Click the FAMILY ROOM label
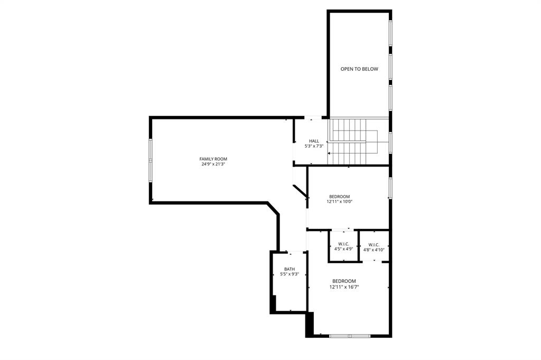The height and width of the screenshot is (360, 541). click(213, 159)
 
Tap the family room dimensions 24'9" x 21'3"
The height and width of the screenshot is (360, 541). click(213, 164)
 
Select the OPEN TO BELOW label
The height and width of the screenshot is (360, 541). click(359, 69)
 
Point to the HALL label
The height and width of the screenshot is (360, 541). click(314, 141)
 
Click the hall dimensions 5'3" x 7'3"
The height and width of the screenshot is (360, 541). click(314, 146)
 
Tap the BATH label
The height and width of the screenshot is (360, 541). click(290, 269)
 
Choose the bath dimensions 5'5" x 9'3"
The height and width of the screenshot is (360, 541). click(290, 274)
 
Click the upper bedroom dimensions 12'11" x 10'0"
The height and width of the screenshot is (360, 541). click(340, 201)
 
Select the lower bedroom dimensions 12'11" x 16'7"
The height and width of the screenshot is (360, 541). click(344, 287)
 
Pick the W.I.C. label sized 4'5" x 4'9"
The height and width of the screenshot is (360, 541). click(343, 244)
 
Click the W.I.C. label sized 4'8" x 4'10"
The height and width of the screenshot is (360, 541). click(374, 245)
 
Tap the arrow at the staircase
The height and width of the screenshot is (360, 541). click(330, 153)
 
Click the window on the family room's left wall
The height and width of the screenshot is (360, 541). click(151, 159)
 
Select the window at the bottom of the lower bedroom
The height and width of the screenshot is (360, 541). click(350, 336)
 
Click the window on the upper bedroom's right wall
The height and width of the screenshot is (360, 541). click(390, 189)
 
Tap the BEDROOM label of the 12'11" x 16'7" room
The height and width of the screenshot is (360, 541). click(344, 281)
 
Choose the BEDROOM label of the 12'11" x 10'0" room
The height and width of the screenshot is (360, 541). click(340, 197)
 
